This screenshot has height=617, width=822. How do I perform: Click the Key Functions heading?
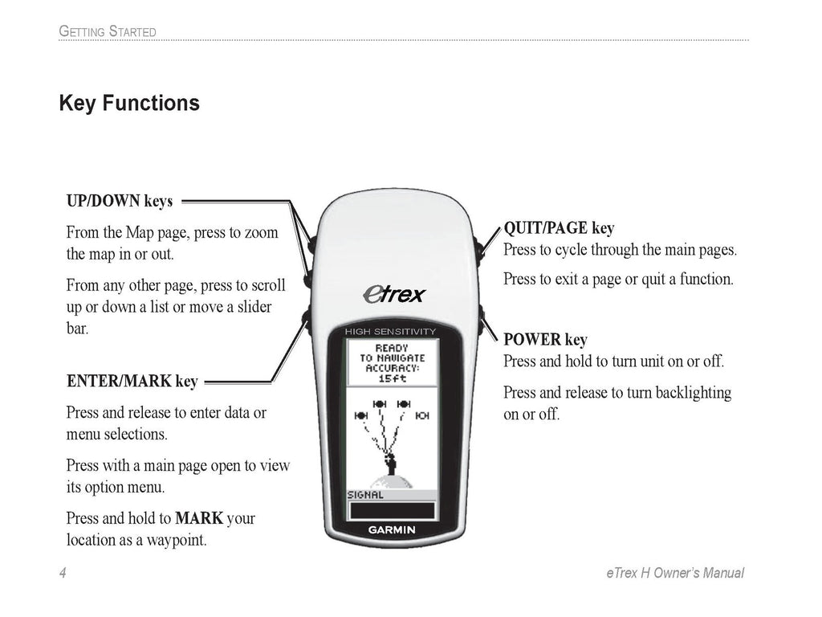point(129,104)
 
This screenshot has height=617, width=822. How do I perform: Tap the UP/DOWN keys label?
point(119,201)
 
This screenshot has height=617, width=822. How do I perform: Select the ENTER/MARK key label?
point(132,382)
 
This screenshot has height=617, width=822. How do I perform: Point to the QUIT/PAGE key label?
point(559,228)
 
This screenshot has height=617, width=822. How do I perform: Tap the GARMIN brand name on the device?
point(391,529)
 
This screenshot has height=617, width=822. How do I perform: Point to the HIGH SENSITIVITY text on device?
point(390,332)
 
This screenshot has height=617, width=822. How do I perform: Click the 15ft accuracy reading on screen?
point(392,378)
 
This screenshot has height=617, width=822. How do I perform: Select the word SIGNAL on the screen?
point(365,495)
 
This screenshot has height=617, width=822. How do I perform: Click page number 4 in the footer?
point(62,573)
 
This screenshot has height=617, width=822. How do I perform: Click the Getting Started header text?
point(108,32)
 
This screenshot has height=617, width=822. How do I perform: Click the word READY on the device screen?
point(392,349)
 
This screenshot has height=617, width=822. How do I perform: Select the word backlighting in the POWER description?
point(691,393)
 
